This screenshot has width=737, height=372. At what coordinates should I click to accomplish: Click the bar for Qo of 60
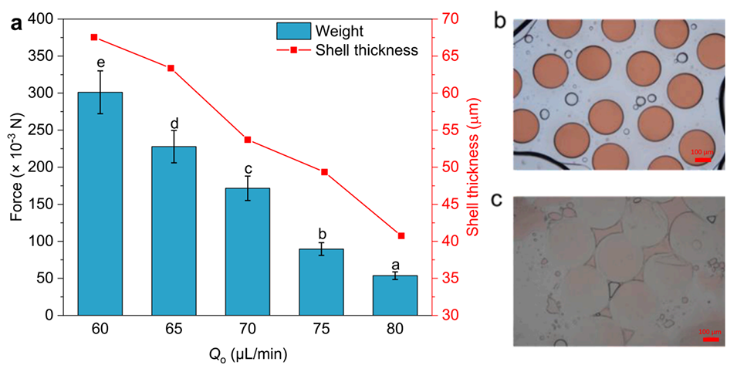100,204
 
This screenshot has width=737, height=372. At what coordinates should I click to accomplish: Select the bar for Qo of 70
247,252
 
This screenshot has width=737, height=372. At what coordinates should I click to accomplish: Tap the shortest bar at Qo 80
395,296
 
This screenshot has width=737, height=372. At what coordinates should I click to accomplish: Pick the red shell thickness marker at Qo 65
171,68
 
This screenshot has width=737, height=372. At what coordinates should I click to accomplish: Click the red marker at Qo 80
401,235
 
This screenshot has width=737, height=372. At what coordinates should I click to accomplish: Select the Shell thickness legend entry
347,50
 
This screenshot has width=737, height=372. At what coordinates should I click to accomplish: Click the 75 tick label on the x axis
321,330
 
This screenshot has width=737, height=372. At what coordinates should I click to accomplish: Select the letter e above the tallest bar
100,62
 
